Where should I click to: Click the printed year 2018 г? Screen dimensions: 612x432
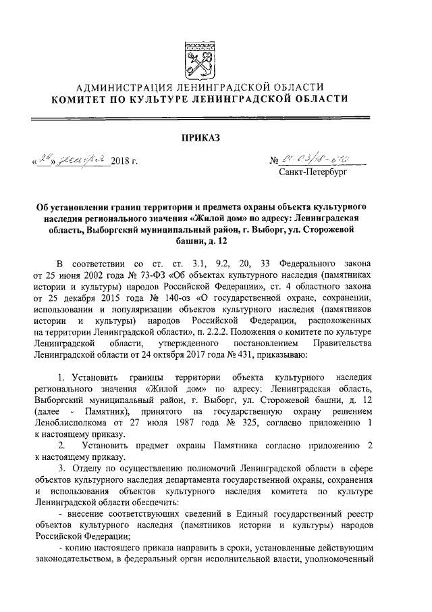tap(124, 162)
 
